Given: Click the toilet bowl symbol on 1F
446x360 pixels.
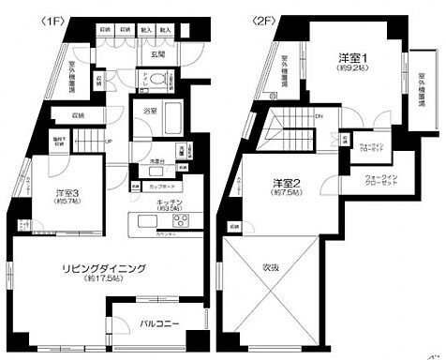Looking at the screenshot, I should [159, 76].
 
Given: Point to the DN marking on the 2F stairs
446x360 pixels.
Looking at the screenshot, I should [318, 117].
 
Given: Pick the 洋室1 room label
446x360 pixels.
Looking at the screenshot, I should [353, 58].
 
